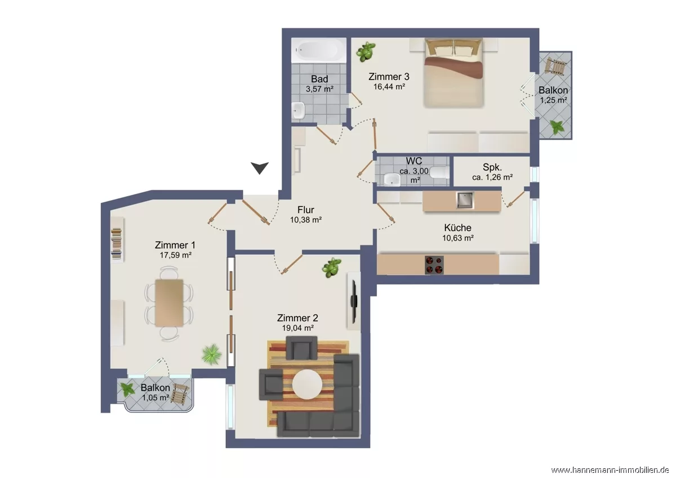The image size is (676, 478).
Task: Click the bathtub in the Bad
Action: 319,50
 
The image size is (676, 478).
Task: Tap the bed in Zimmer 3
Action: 453,73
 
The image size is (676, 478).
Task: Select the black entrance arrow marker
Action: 260,168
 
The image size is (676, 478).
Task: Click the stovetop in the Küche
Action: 434,265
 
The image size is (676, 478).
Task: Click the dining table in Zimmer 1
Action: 169,303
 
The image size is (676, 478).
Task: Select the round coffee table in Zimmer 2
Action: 307,384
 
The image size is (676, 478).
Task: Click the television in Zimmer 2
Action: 354,302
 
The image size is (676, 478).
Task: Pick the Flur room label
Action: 306,210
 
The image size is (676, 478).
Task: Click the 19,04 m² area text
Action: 298,328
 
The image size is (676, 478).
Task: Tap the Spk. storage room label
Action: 492,167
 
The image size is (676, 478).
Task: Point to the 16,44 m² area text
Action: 389,87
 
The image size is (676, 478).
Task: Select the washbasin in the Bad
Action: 299,110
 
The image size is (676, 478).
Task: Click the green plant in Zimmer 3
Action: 366,52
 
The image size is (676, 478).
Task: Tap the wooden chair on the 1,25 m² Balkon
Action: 555,66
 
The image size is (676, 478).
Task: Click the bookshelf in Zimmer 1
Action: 117,240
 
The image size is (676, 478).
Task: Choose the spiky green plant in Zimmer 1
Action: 212,354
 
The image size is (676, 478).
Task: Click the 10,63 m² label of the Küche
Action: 458,238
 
